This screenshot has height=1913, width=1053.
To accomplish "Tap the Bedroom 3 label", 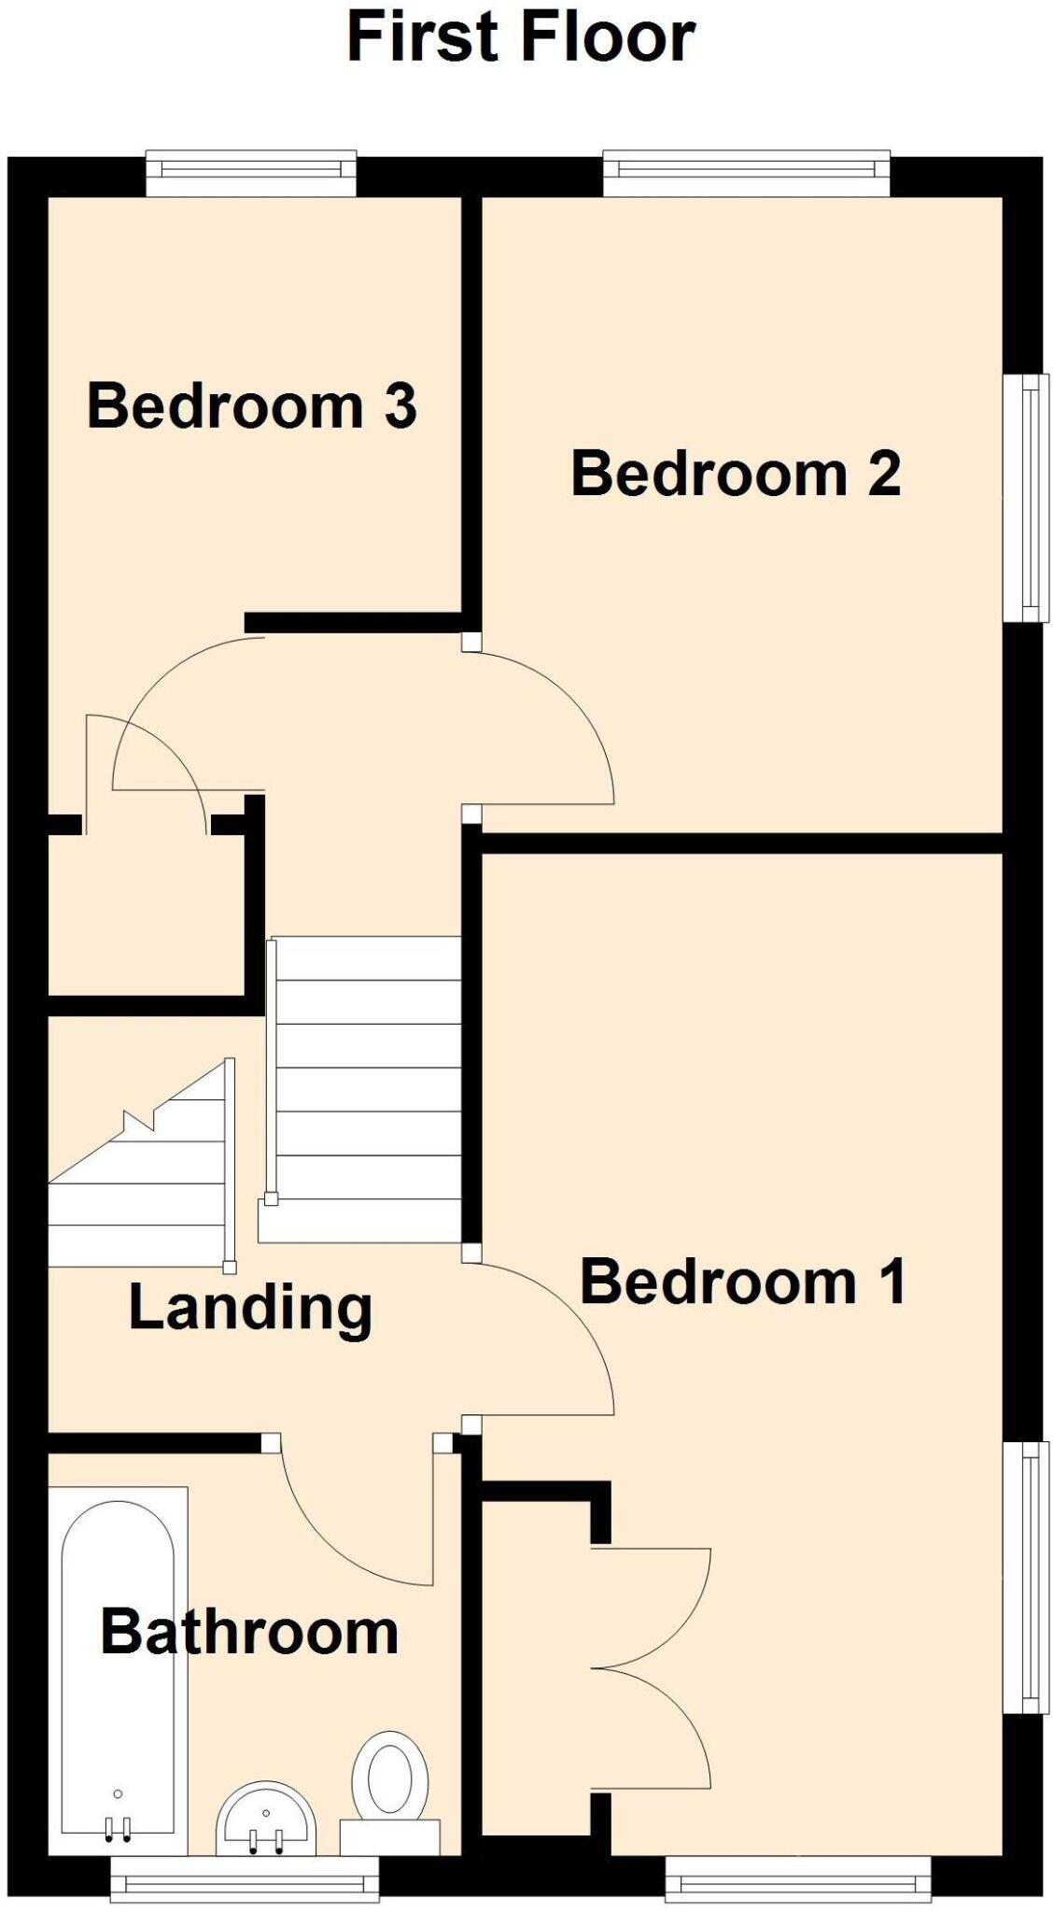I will tap(251, 407).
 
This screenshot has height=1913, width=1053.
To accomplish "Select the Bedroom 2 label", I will tap(736, 474).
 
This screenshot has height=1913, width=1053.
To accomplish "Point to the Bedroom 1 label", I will tap(742, 1282).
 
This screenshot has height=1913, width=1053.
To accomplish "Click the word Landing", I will tap(250, 1308).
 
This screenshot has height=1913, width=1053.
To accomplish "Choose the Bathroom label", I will tap(249, 1632).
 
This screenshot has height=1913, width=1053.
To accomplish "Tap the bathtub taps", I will tap(119, 1829).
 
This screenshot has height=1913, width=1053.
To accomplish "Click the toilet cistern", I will tap(389, 1835).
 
